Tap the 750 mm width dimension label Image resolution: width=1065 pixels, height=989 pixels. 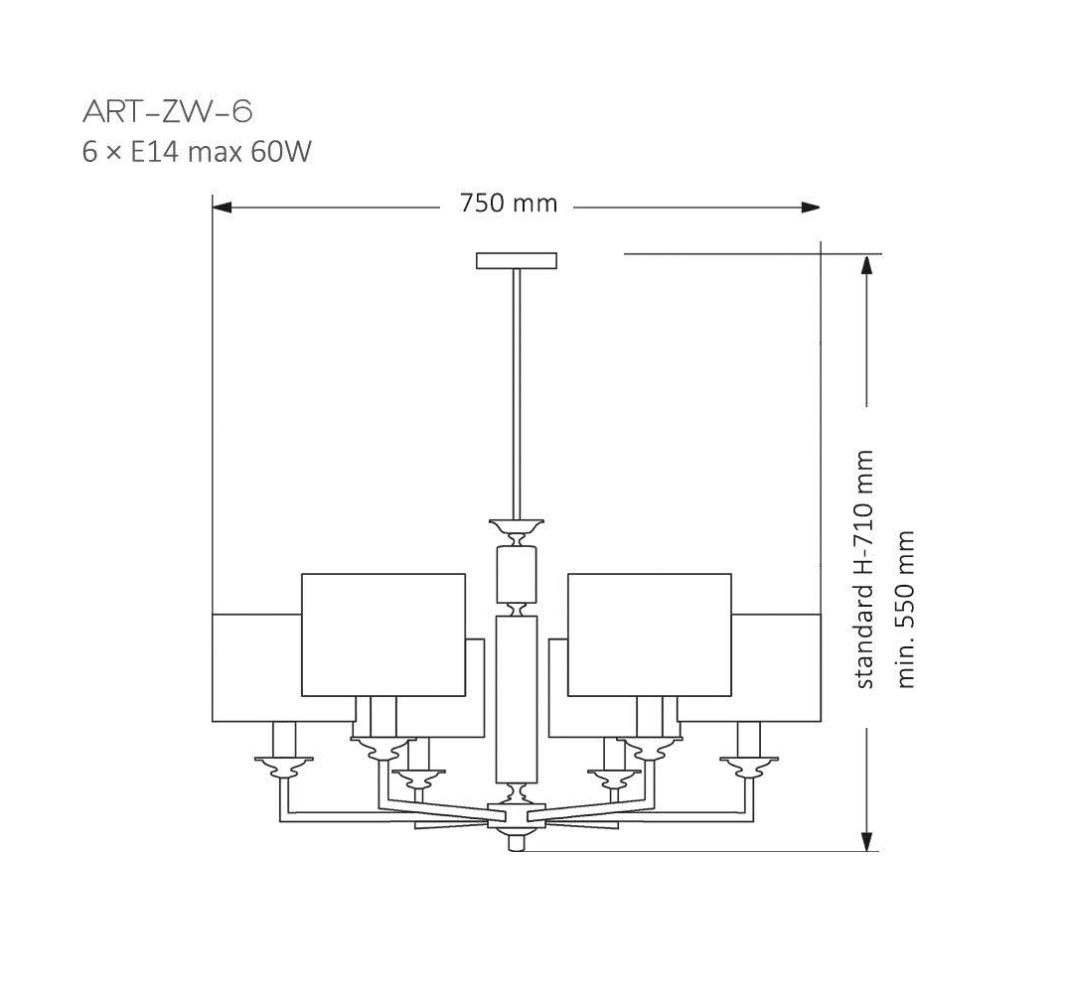[x=509, y=205]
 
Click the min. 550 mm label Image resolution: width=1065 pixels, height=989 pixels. [x=905, y=609]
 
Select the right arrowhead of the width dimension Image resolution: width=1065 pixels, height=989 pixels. [x=811, y=208]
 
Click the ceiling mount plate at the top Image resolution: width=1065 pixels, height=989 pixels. [x=516, y=261]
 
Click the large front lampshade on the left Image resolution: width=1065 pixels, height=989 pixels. [x=383, y=635]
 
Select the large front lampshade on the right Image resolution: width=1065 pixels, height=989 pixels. [x=649, y=635]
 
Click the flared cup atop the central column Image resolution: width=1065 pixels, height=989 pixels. [x=516, y=524]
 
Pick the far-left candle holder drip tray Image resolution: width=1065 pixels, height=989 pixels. [x=284, y=765]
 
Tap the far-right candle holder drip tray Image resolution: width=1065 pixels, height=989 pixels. [x=749, y=765]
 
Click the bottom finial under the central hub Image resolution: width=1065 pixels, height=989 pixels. [x=515, y=841]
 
